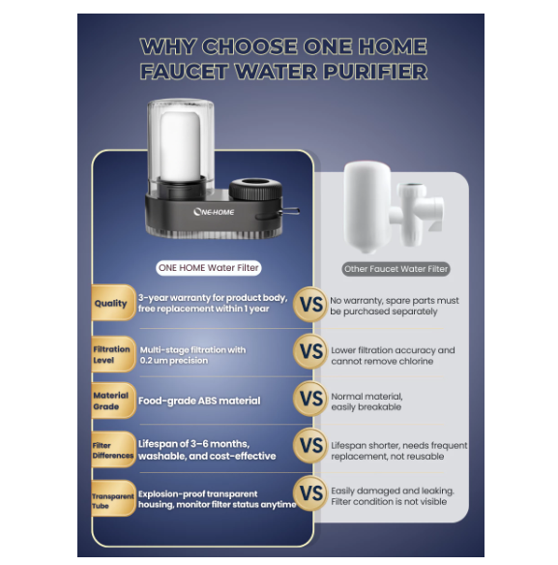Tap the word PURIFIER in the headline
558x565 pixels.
click(x=374, y=72)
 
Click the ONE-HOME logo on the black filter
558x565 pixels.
click(x=214, y=212)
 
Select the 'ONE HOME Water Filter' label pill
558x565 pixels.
click(x=209, y=268)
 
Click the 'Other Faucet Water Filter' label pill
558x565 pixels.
click(x=396, y=269)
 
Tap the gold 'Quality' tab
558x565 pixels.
click(x=113, y=303)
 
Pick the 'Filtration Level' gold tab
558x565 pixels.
click(x=113, y=354)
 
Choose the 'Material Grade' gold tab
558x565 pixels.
click(x=113, y=401)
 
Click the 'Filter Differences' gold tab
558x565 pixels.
click(x=113, y=449)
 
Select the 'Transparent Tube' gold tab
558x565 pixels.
click(x=113, y=498)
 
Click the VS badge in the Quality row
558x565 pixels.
click(x=310, y=305)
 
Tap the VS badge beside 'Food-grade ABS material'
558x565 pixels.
click(x=310, y=399)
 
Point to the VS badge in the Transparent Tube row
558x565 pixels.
click(x=310, y=493)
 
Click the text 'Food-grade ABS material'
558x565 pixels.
click(x=199, y=401)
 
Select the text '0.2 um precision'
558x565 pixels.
click(x=174, y=360)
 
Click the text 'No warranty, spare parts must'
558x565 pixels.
click(x=395, y=301)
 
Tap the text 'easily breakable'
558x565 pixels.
click(x=366, y=407)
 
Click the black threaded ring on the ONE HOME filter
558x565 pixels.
click(x=255, y=190)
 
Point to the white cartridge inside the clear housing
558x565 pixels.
click(x=180, y=145)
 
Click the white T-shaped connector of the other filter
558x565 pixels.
click(x=417, y=213)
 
